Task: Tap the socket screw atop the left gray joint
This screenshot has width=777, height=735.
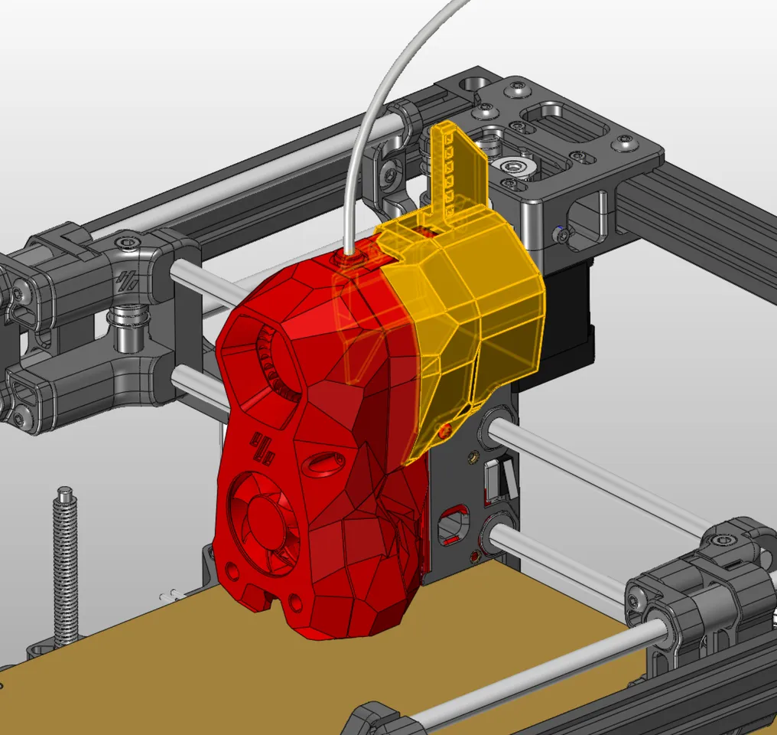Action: pyautogui.click(x=127, y=244)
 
